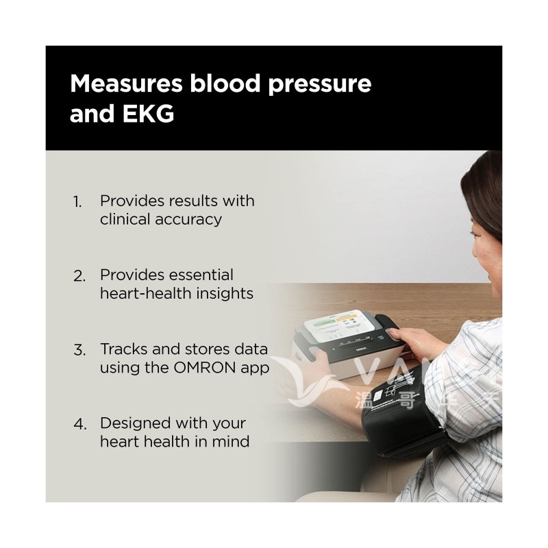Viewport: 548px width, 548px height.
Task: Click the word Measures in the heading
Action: [126, 84]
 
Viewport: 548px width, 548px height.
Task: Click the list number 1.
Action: [77, 202]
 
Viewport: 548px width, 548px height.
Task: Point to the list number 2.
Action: [79, 276]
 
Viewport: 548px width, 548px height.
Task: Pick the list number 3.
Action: [79, 350]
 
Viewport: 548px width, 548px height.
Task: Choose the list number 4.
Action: [79, 424]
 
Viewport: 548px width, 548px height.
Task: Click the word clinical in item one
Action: [125, 219]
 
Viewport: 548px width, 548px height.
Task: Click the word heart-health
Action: [146, 293]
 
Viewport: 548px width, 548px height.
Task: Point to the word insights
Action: [225, 293]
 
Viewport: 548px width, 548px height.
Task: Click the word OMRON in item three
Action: [204, 367]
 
